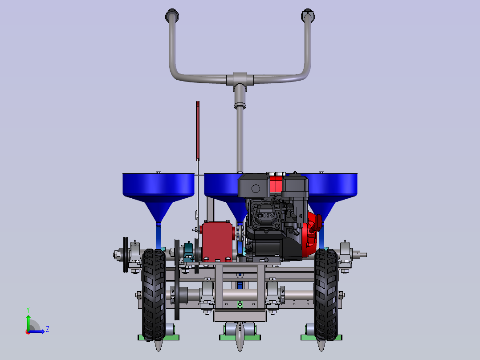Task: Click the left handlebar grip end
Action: point(172,15)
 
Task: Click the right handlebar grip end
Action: point(308,15)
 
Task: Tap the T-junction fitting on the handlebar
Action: point(240,80)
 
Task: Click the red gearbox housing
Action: point(217,241)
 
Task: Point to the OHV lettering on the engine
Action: point(266,215)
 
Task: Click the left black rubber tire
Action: point(154,295)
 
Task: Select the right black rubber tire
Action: point(326,295)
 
